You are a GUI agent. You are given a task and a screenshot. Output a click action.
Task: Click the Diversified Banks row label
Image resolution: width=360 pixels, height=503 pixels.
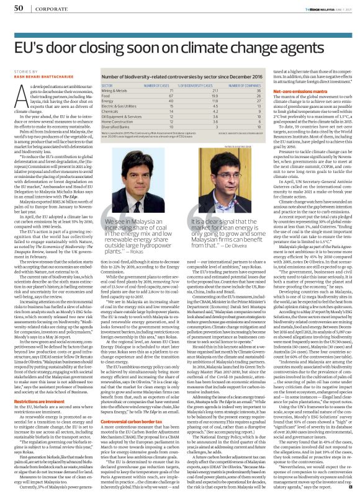[114, 142]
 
